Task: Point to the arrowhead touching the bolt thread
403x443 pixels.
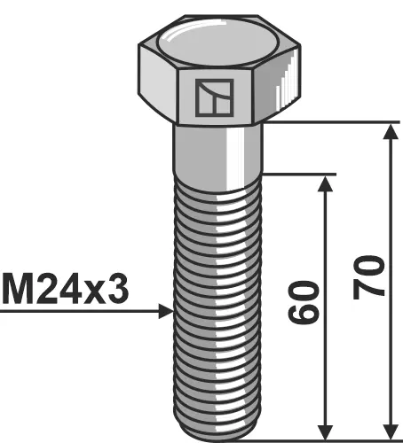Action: pyautogui.click(x=165, y=311)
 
